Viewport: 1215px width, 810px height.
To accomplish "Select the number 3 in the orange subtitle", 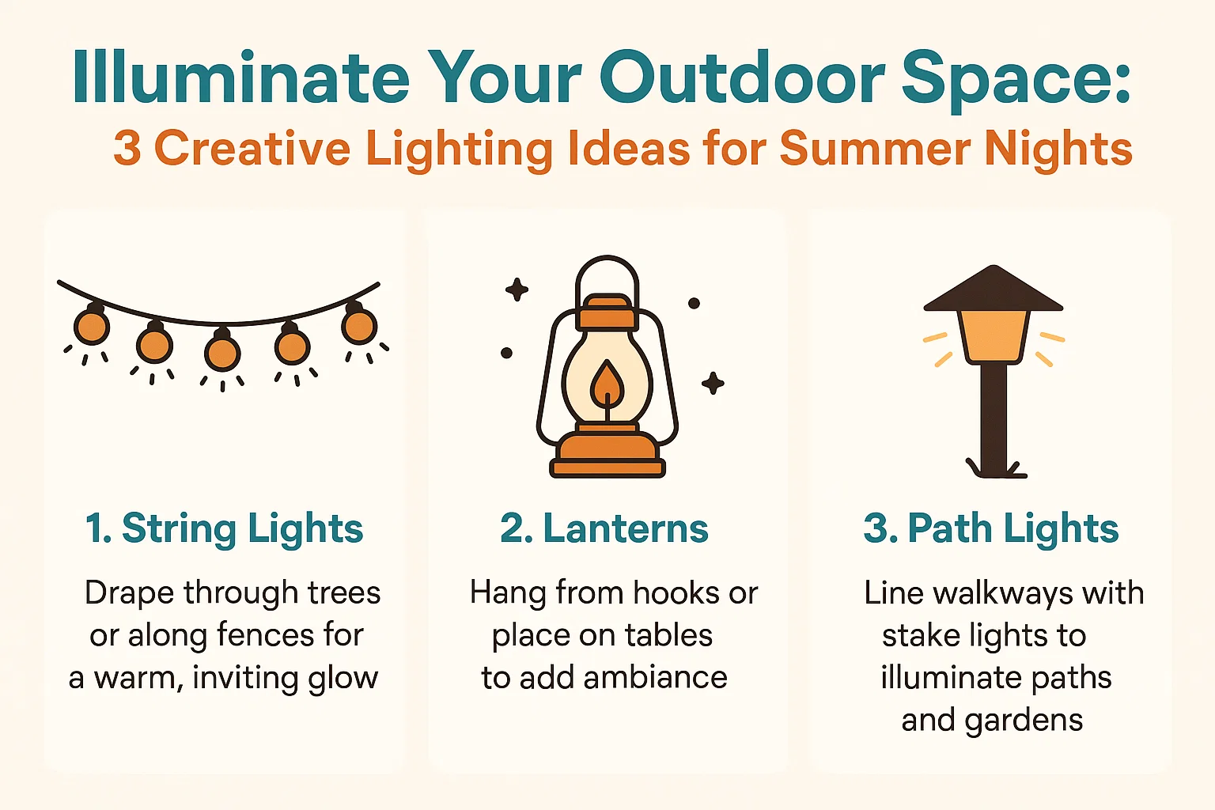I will (127, 149).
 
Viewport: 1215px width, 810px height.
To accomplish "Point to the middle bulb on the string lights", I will (222, 352).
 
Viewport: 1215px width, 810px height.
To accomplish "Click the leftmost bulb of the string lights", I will (92, 326).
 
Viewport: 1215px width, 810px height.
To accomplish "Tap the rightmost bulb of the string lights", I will (359, 325).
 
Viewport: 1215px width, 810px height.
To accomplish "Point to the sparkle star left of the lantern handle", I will (517, 290).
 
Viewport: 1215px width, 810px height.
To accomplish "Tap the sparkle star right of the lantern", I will (713, 384).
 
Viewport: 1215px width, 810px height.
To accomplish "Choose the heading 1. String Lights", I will (224, 529).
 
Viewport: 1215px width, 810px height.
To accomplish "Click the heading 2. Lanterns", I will (604, 529).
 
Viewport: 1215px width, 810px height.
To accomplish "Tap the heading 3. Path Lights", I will (991, 529).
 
